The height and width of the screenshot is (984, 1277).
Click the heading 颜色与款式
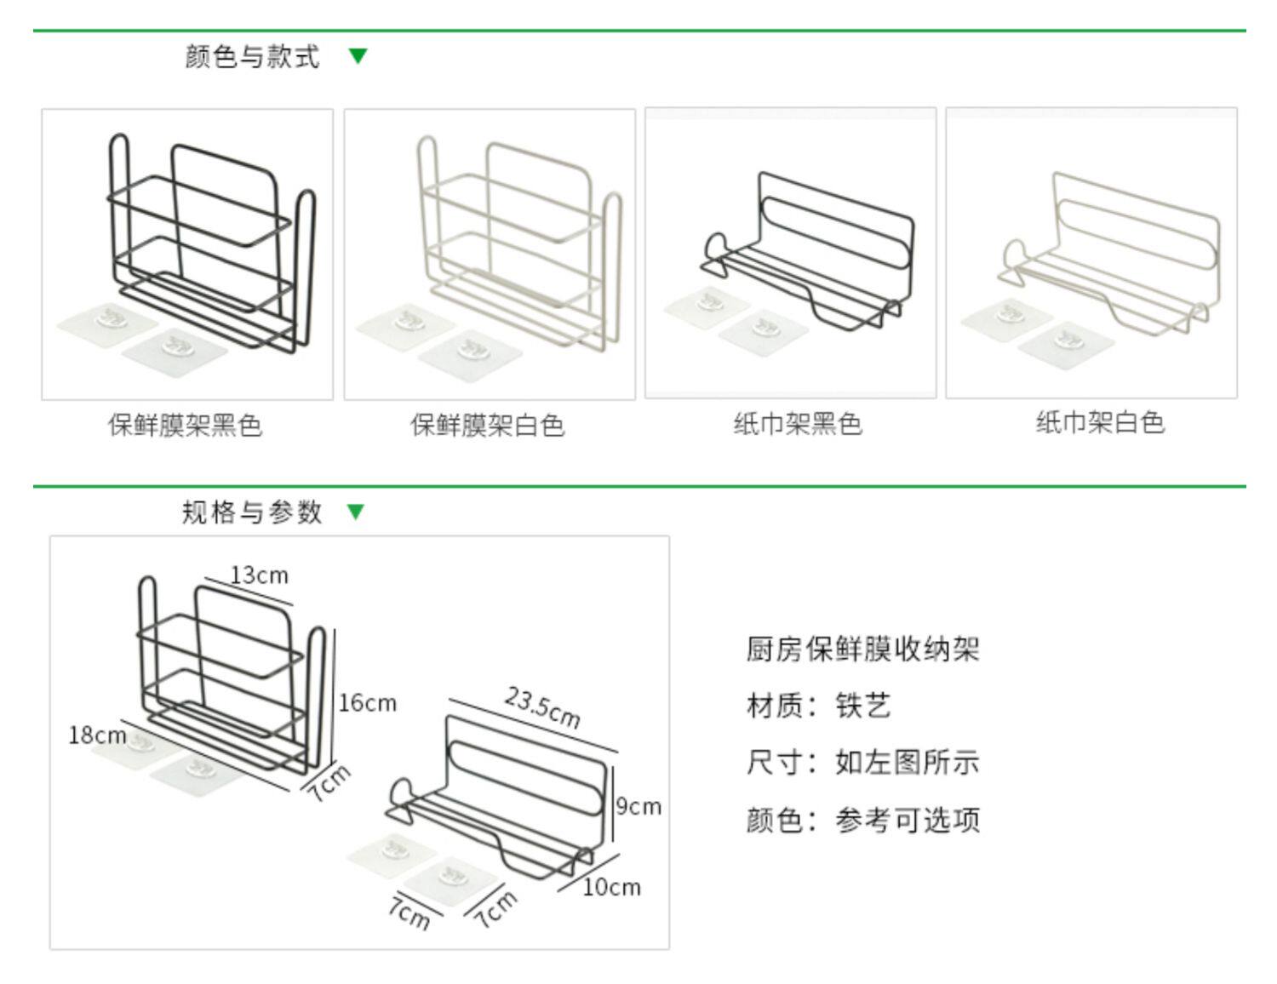click(x=252, y=57)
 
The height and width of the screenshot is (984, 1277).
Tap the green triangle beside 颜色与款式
click(x=358, y=56)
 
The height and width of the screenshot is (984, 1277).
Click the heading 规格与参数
click(x=252, y=512)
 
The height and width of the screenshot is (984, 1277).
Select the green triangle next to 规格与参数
click(x=357, y=512)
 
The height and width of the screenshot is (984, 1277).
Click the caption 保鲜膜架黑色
click(x=185, y=425)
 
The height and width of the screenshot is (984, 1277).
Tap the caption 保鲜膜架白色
click(x=488, y=425)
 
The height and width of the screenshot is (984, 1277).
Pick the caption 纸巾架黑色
click(x=798, y=423)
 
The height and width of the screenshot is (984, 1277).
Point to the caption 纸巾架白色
click(x=1100, y=422)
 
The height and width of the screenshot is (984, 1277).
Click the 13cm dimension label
click(x=260, y=575)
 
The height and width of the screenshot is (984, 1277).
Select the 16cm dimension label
click(x=368, y=703)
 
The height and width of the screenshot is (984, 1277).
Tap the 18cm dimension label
click(x=97, y=735)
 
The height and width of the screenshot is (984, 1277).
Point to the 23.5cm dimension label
click(x=542, y=708)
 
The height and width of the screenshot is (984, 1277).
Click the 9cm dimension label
click(x=638, y=806)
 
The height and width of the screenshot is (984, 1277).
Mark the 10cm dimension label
click(x=611, y=887)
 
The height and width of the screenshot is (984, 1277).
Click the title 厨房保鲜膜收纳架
click(x=862, y=649)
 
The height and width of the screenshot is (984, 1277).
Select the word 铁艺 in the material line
click(x=863, y=706)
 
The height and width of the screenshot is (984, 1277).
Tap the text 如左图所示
click(x=908, y=762)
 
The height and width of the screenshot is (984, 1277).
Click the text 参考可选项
click(x=908, y=820)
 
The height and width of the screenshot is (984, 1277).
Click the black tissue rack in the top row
click(x=805, y=251)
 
